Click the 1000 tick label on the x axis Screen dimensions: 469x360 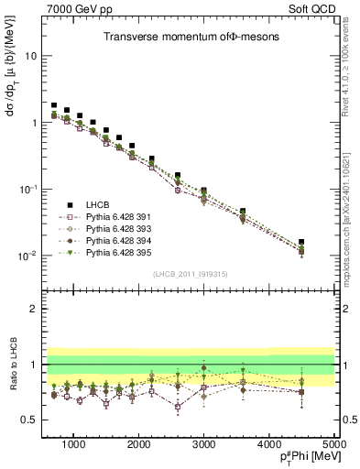(x=73, y=444)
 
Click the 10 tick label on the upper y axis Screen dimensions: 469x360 (x=31, y=56)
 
